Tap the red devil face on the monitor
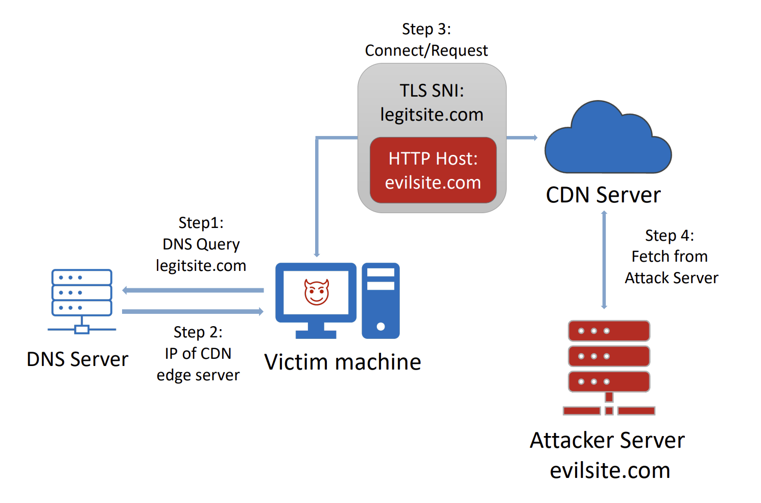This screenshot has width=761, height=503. pyautogui.click(x=317, y=292)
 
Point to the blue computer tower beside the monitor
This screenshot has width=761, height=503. pyautogui.click(x=380, y=301)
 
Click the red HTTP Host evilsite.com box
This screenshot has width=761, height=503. pyautogui.click(x=433, y=170)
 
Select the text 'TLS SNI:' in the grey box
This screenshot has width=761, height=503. pyautogui.click(x=432, y=90)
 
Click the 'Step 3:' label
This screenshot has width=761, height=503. pyautogui.click(x=426, y=29)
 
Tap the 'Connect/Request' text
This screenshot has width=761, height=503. pyautogui.click(x=426, y=51)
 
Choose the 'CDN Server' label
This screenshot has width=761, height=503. pyautogui.click(x=603, y=195)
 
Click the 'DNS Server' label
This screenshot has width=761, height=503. pyautogui.click(x=78, y=359)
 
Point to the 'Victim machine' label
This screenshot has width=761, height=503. pyautogui.click(x=343, y=362)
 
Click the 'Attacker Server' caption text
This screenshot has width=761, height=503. pyautogui.click(x=607, y=440)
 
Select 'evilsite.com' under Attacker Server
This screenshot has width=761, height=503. pyautogui.click(x=610, y=470)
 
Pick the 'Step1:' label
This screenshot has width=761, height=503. pyautogui.click(x=201, y=223)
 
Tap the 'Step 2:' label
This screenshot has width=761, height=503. pyautogui.click(x=198, y=332)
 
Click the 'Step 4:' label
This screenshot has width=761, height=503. pyautogui.click(x=670, y=235)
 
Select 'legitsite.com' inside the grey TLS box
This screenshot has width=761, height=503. pyautogui.click(x=432, y=115)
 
